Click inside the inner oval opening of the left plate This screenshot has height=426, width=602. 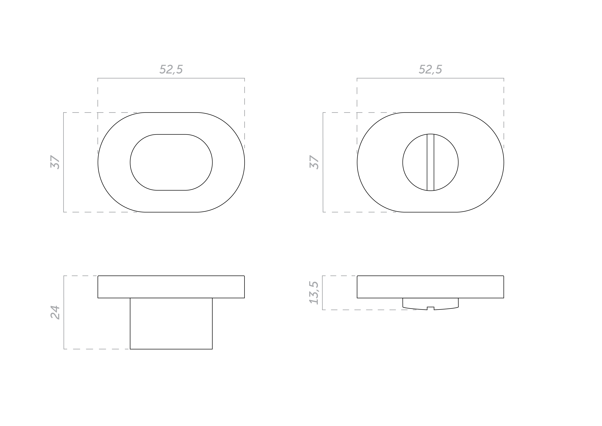[x=171, y=162]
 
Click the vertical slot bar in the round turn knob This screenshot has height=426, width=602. [x=431, y=162]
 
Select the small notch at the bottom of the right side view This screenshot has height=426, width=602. [x=431, y=308]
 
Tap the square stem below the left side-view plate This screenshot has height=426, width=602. [x=171, y=323]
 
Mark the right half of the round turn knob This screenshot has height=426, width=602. [x=446, y=162]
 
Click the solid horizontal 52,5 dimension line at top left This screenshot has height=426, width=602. [x=171, y=78]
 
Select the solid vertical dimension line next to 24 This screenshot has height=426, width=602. [x=64, y=312]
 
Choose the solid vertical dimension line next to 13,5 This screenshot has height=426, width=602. [x=323, y=293]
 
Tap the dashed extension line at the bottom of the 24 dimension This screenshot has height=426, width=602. [x=97, y=349]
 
